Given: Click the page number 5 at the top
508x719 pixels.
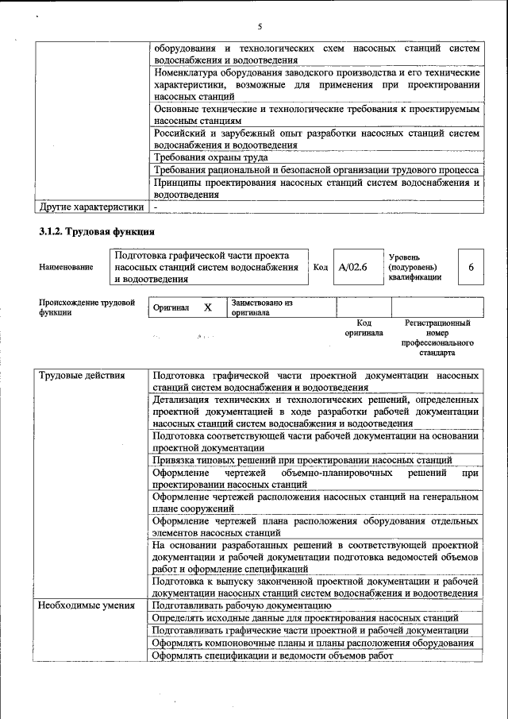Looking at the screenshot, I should (x=260, y=27).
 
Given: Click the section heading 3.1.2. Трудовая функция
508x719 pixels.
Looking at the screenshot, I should (x=96, y=233).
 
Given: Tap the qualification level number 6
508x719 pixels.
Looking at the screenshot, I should (x=471, y=268).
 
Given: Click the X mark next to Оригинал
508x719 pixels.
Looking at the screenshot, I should (x=208, y=307).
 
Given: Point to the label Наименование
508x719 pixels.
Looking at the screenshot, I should (x=66, y=268).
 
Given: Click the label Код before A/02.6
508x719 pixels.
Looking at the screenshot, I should (x=321, y=268).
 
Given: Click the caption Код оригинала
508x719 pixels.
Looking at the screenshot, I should (x=364, y=328).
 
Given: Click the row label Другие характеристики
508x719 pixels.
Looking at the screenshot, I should (x=92, y=207).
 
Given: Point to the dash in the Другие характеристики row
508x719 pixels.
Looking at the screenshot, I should (x=156, y=207).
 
